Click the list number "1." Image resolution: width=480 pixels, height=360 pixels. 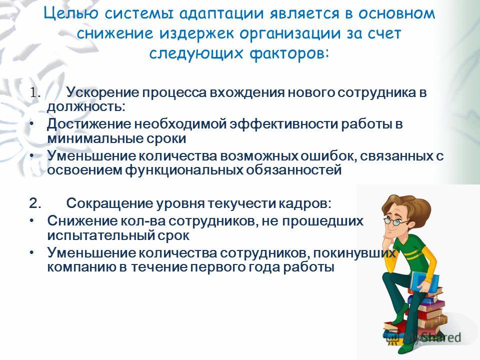35,92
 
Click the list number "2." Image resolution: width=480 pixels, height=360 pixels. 35,203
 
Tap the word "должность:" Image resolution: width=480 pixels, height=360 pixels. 86,107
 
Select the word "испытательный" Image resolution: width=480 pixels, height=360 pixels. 100,235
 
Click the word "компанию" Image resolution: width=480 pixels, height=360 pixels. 81,267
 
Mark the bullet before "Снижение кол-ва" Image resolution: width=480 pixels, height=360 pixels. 32,220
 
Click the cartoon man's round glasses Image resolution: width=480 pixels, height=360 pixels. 395,222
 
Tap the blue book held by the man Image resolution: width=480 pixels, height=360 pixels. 424,281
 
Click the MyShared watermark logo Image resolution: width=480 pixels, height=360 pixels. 423,336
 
